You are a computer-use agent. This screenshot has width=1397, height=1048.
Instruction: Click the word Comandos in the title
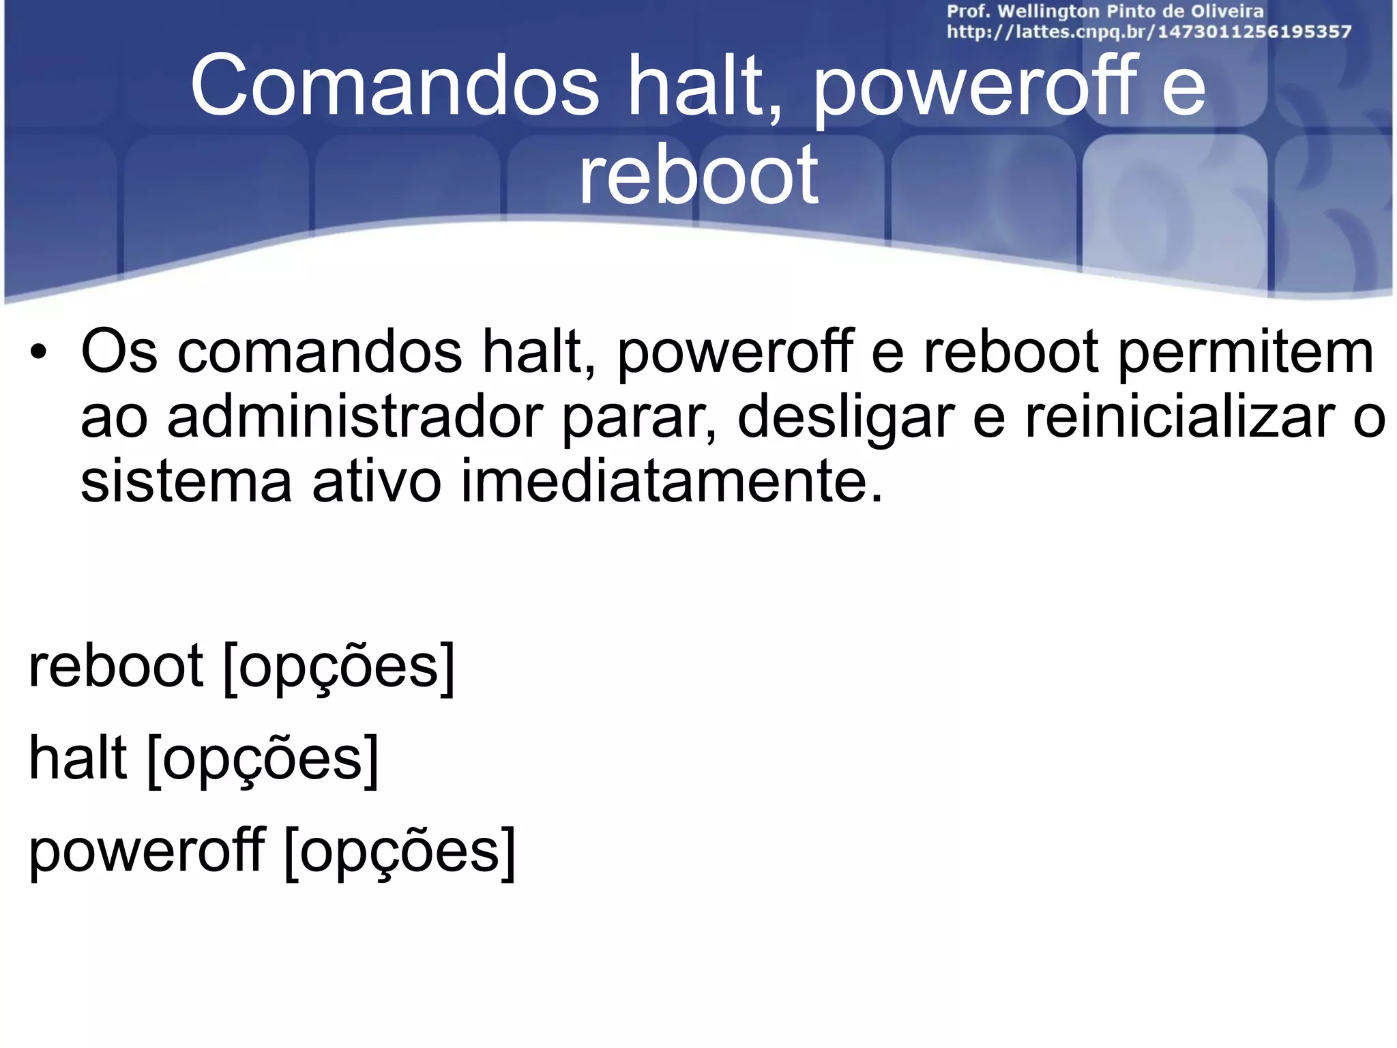394,87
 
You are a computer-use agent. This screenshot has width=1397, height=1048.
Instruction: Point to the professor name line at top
1105,12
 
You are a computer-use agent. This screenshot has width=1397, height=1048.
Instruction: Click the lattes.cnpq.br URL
1149,32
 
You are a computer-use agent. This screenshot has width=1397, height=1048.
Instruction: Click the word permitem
1246,352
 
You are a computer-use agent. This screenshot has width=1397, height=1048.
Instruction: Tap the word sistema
186,480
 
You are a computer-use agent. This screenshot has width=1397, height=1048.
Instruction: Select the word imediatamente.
671,480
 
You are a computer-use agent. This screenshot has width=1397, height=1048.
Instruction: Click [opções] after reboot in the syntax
339,667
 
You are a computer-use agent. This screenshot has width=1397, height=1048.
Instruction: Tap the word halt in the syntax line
78,759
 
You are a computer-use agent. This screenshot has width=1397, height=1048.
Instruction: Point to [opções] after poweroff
400,851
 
